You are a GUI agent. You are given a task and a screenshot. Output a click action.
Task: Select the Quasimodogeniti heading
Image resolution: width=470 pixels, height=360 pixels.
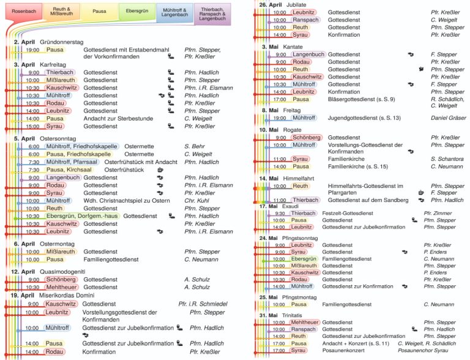pyautogui.click(x=63, y=271)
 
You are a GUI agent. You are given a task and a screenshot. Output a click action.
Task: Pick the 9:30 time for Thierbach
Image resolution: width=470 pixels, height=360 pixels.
pyautogui.click(x=278, y=213)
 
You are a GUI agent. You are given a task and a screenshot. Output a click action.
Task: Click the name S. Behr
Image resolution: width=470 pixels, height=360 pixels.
pyautogui.click(x=196, y=147)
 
